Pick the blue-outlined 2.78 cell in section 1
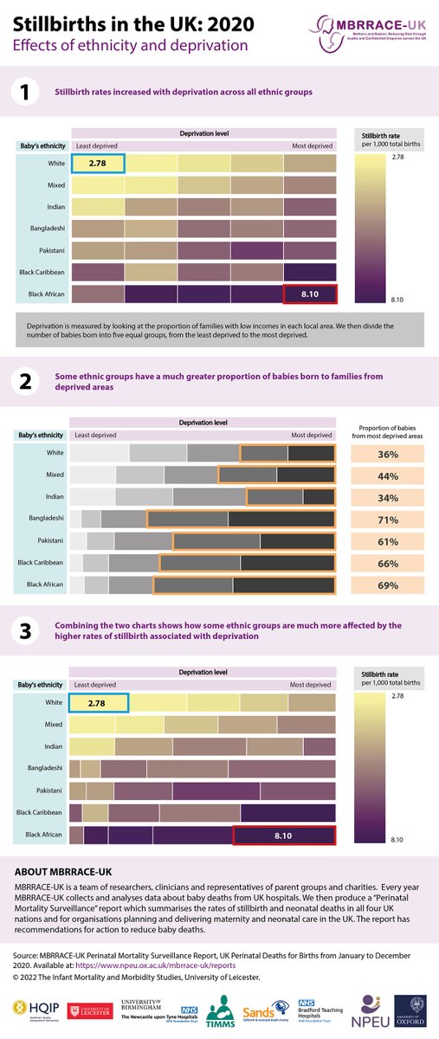[x=98, y=163]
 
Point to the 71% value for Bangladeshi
[x=387, y=519]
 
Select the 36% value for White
[x=387, y=453]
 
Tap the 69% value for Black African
[x=387, y=586]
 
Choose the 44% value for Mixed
[x=387, y=475]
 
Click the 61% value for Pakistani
[x=387, y=542]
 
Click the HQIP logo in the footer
[x=30, y=1010]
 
